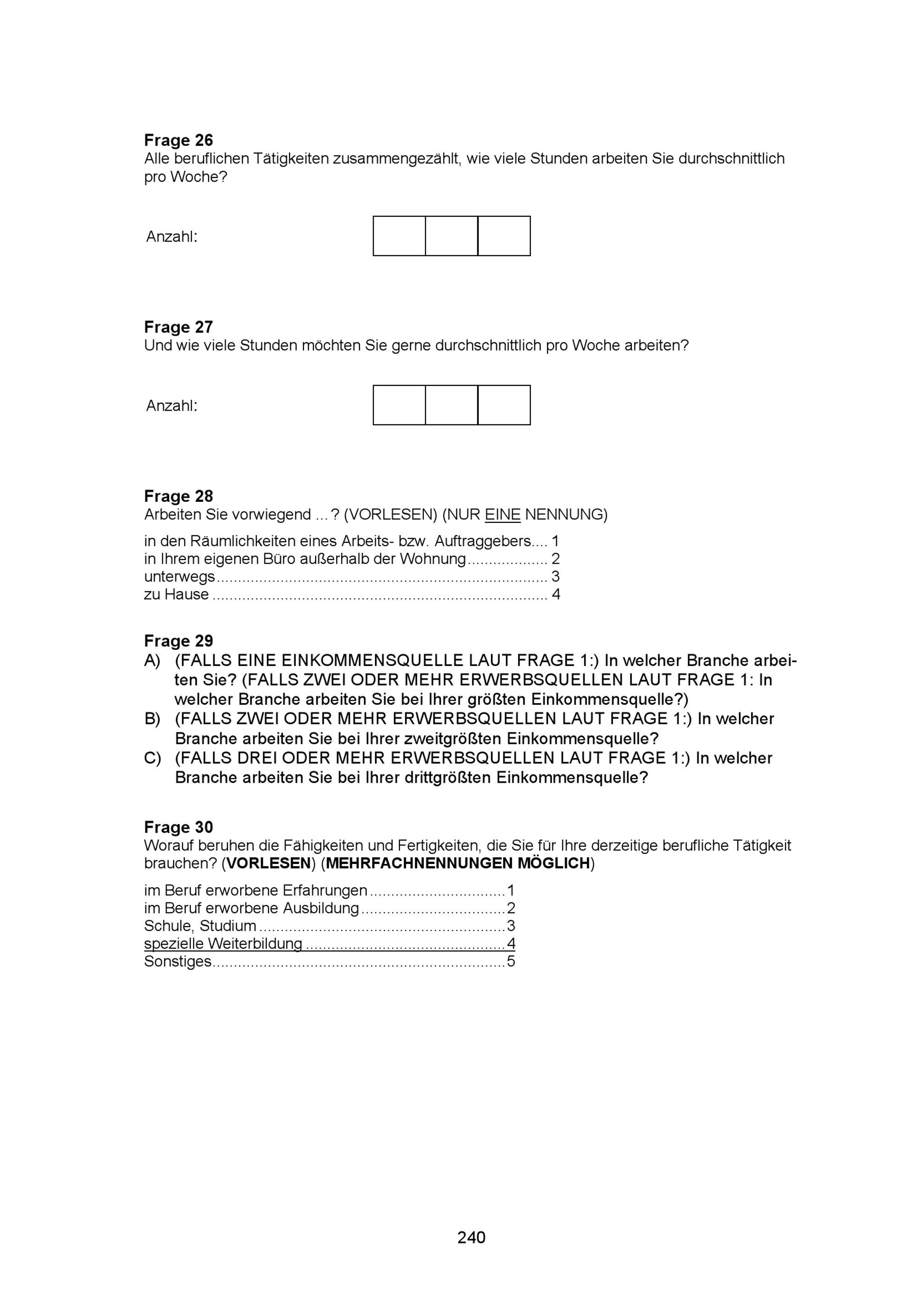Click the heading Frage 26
pos(178,140)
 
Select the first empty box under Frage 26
pos(399,236)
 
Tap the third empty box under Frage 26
pos(504,236)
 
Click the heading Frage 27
pos(178,327)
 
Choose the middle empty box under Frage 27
pos(452,405)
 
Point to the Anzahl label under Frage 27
pos(172,406)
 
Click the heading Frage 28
pos(178,496)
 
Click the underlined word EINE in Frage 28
pos(503,515)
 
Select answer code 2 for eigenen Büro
pos(555,559)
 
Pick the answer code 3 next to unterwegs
pos(555,576)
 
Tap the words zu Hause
pos(176,594)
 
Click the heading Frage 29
pos(178,641)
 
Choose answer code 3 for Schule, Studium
pos(511,926)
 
